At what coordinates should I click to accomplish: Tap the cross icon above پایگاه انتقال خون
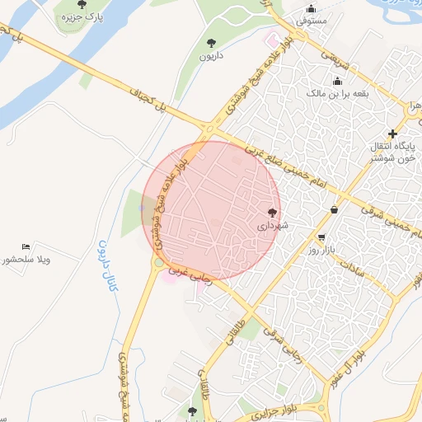point(392,134)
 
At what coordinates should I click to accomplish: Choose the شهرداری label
point(273,224)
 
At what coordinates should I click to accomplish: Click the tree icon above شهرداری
point(273,212)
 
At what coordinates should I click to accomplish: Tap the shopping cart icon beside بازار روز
point(310,237)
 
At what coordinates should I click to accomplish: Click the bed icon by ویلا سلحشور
point(26,246)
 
